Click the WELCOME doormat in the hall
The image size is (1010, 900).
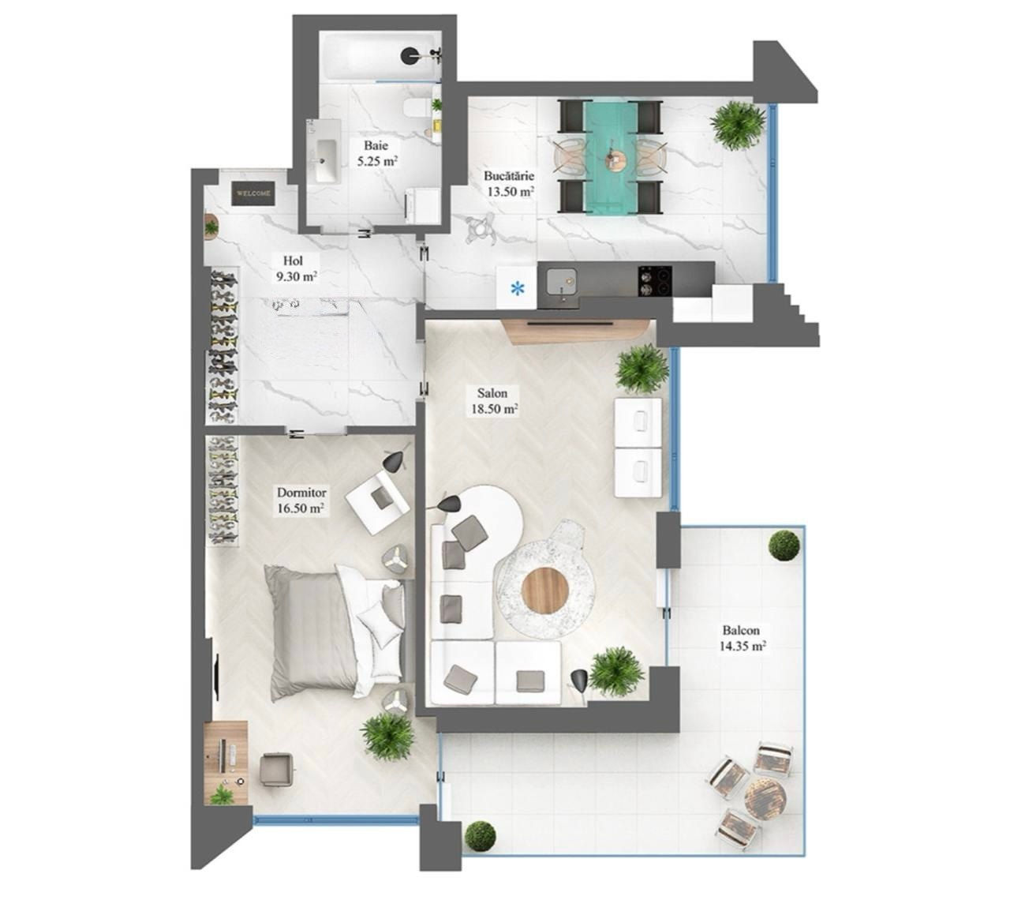[x=252, y=193]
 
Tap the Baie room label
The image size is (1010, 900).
[x=376, y=146]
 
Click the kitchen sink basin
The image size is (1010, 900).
[x=562, y=281]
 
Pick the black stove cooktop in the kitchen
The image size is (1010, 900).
[x=655, y=281]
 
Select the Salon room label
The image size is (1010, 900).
[x=492, y=392]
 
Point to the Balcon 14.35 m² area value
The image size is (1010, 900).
[x=743, y=647]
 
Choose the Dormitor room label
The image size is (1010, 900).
[x=301, y=493]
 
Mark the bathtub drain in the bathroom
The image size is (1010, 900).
[x=411, y=55]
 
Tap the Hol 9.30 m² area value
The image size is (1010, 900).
[x=297, y=276]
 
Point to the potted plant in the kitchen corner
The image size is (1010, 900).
[x=737, y=122]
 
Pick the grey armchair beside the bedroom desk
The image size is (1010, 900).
[x=277, y=768]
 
